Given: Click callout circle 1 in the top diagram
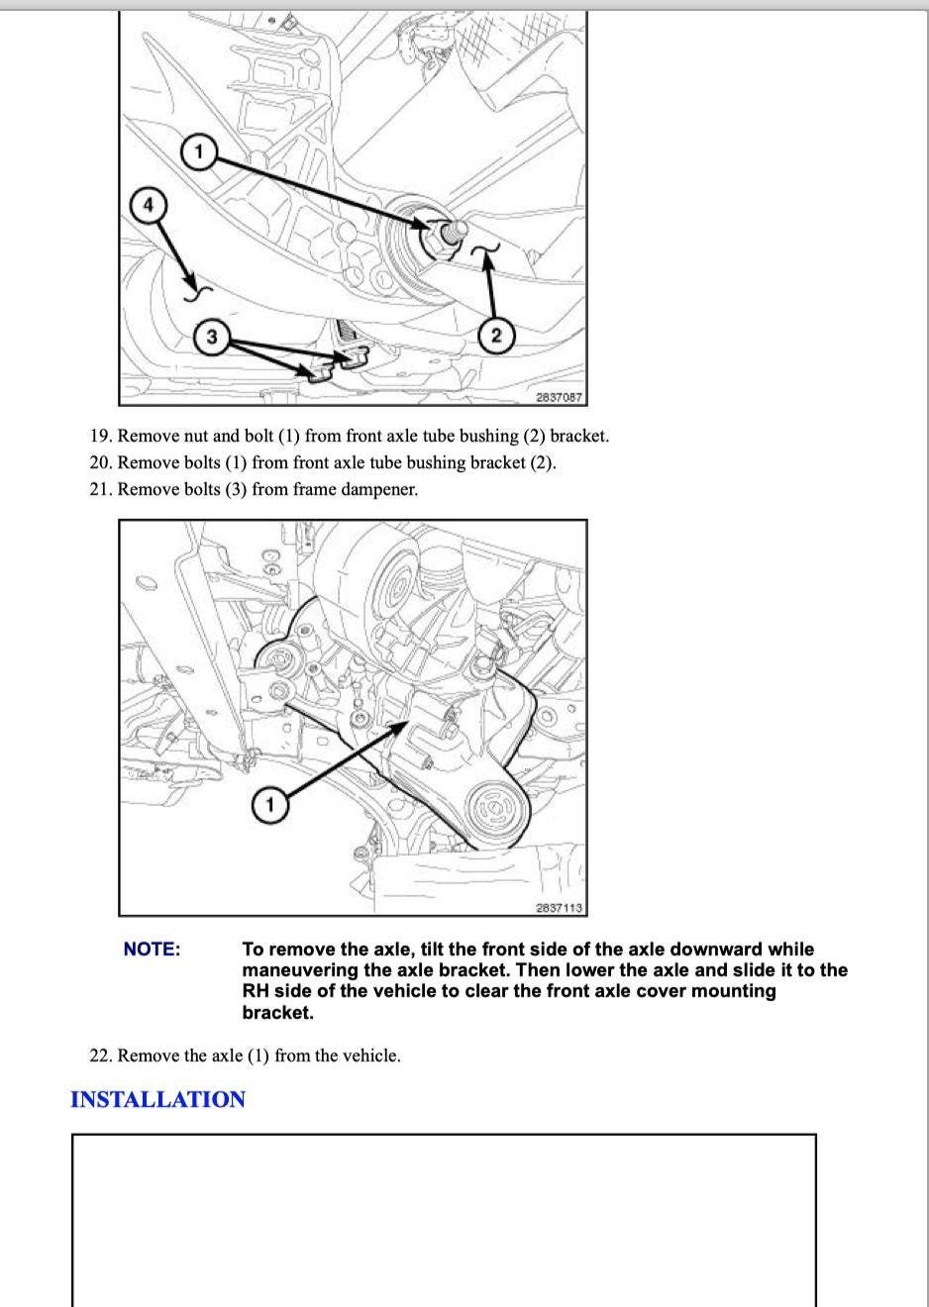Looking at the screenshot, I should point(198,151).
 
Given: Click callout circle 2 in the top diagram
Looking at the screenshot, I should point(495,336).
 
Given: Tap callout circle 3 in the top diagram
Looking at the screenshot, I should point(211,337).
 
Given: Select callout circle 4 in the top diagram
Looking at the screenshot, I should point(149,205).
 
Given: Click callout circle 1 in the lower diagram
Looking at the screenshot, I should point(268,805).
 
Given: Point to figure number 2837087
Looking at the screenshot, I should point(559,397).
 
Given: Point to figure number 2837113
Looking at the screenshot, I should point(559,907).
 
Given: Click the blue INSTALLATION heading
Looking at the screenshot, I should point(157,1100).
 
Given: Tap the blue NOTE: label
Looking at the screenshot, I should point(152,950).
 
